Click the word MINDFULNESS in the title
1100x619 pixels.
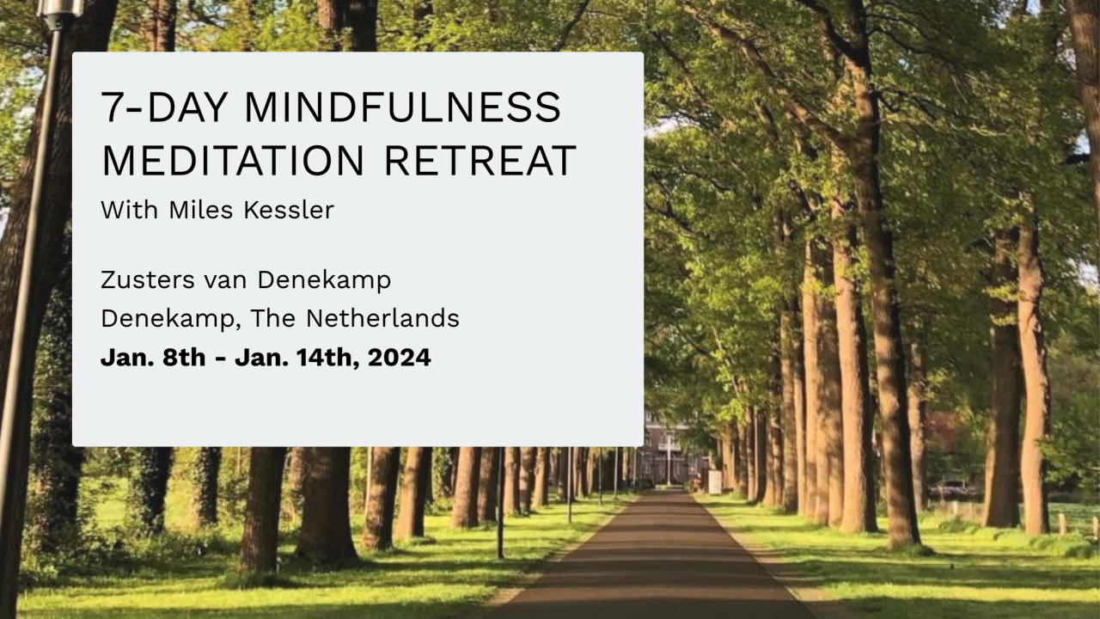tap(402, 107)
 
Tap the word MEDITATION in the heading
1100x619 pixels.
tap(233, 161)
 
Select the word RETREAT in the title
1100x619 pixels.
tap(480, 161)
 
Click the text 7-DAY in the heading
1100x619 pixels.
tap(164, 107)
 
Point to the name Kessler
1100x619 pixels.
tap(289, 211)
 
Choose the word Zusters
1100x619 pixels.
tap(148, 280)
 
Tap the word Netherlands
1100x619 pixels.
tap(382, 318)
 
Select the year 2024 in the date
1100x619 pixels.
tap(400, 358)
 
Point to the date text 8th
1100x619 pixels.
tap(184, 358)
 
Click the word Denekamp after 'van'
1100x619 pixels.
tap(324, 281)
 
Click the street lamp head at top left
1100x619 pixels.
tap(60, 9)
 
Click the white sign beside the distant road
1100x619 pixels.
tap(715, 482)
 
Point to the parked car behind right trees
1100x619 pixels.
tap(953, 489)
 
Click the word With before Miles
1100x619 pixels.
tap(130, 211)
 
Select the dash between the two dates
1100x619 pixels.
tap(221, 359)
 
